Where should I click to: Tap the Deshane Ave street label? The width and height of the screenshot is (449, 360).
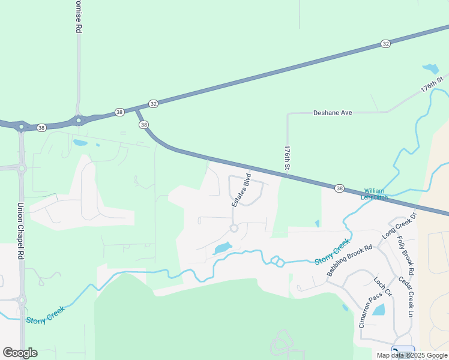point(332,113)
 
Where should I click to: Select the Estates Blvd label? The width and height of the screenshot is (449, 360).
point(241,191)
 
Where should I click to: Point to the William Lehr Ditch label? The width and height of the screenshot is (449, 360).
point(374,194)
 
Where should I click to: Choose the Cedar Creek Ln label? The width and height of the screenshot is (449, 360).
point(407,296)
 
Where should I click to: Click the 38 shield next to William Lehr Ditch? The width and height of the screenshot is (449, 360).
point(340,188)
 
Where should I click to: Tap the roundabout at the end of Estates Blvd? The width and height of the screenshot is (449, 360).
point(234,228)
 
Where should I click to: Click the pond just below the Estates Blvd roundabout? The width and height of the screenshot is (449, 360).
point(222,248)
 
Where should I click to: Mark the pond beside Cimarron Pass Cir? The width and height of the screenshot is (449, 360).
point(378,310)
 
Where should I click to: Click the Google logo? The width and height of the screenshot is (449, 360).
point(20,353)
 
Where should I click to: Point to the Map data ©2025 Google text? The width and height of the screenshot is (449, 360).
point(412,355)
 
